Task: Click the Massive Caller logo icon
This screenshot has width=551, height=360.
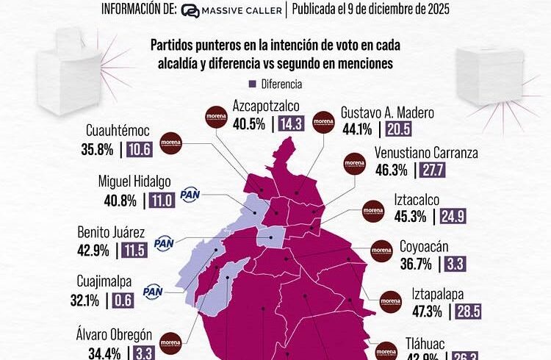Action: pyautogui.click(x=190, y=11)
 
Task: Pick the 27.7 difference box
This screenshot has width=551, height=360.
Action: pyautogui.click(x=434, y=172)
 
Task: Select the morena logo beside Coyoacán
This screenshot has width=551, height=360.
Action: pyautogui.click(x=382, y=251)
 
